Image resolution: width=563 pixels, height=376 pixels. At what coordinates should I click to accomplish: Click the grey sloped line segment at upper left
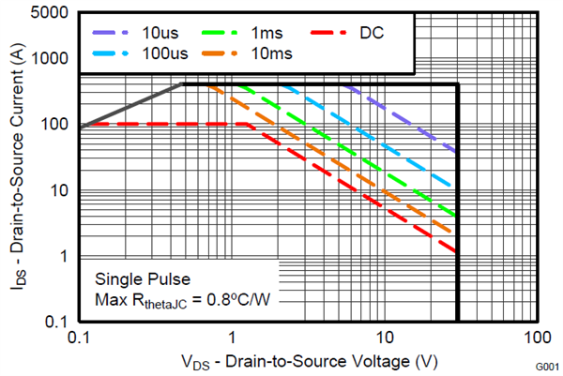click(x=131, y=106)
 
